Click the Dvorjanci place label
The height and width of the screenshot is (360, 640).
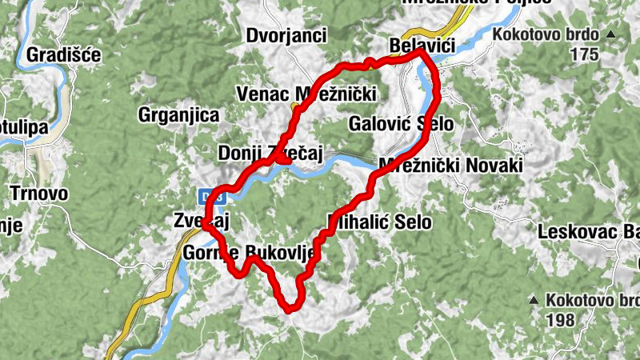(x=286, y=35)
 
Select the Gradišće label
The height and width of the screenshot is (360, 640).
(x=63, y=54)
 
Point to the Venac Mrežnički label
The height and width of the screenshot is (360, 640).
(x=306, y=94)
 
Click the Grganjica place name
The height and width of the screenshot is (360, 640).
(x=178, y=115)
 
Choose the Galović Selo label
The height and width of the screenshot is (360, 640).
(x=401, y=123)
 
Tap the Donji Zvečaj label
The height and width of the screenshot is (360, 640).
(x=270, y=153)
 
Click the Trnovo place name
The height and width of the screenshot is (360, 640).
(x=39, y=193)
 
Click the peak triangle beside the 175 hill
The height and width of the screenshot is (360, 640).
(x=611, y=34)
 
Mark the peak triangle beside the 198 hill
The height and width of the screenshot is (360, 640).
(x=534, y=300)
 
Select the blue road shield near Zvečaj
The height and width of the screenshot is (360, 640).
(x=210, y=196)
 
